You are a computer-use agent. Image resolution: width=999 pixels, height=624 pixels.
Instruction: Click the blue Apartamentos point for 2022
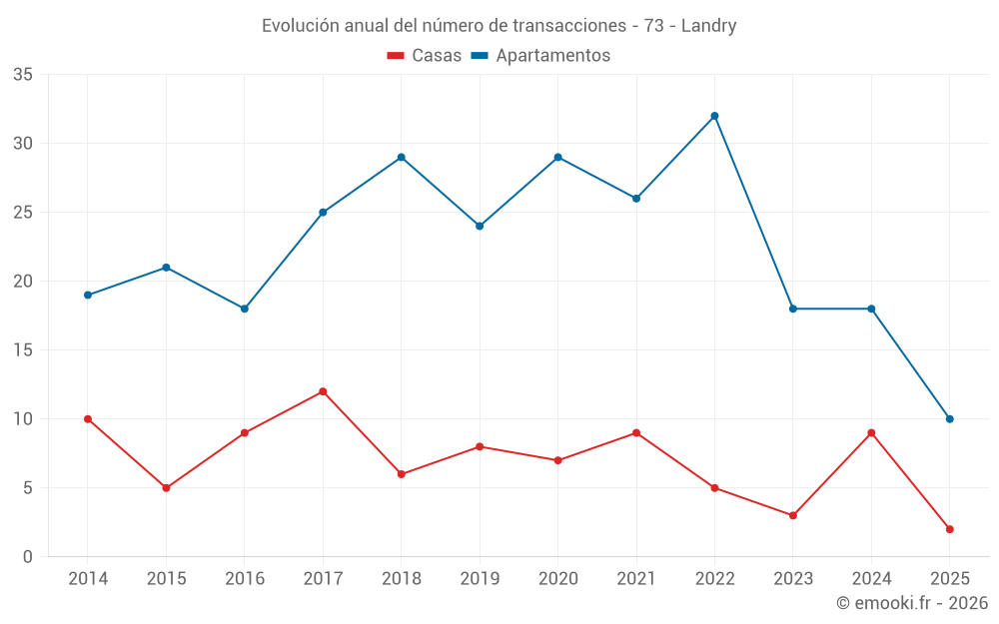tap(714, 116)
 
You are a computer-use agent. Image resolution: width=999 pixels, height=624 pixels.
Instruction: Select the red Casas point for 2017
tap(323, 391)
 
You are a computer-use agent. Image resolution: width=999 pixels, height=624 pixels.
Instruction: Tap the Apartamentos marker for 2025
tap(949, 419)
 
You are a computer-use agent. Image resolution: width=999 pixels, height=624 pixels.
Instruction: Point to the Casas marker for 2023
tap(793, 515)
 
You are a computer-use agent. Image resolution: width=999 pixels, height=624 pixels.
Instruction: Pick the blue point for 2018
tap(401, 157)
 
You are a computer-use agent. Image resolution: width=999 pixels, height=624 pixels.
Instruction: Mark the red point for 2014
tap(88, 419)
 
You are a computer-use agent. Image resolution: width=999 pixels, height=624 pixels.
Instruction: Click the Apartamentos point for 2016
tap(244, 309)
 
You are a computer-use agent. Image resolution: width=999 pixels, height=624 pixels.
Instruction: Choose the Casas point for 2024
tap(871, 432)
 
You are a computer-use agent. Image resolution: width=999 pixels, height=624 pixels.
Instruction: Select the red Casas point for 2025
tap(949, 529)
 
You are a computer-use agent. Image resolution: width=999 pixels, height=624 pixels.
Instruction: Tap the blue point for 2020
tap(557, 157)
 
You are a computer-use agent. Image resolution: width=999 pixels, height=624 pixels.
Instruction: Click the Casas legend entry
tap(425, 56)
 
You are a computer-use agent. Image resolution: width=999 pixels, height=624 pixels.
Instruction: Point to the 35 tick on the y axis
tap(23, 75)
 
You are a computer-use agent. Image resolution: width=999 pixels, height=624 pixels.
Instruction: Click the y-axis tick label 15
tap(23, 350)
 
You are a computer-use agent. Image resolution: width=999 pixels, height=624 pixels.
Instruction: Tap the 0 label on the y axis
tap(28, 557)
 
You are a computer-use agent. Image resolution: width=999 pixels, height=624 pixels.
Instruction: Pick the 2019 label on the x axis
tap(480, 579)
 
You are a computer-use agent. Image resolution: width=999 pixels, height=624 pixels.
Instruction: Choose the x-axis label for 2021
tap(636, 579)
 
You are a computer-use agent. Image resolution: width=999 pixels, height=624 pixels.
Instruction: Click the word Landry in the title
tap(708, 26)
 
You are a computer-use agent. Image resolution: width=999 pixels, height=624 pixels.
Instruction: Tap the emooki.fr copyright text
tap(912, 603)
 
